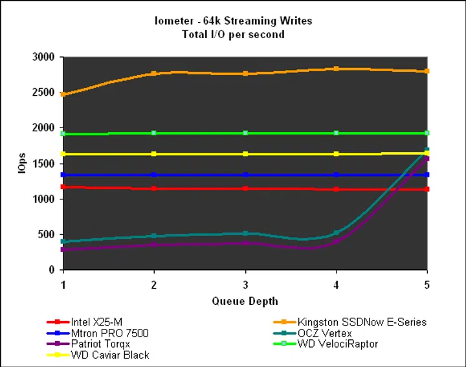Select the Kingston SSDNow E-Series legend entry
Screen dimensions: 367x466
click(362, 322)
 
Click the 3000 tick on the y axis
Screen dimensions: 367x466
click(43, 57)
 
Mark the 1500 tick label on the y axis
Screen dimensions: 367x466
click(43, 164)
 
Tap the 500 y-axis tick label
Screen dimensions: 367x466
click(46, 235)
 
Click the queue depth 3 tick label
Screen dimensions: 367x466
click(245, 284)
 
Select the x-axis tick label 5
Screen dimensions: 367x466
click(427, 284)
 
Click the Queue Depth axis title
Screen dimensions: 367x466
click(245, 301)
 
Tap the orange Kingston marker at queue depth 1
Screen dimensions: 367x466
click(63, 95)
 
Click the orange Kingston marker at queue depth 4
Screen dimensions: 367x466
click(337, 68)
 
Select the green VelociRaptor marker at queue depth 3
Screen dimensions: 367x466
click(245, 133)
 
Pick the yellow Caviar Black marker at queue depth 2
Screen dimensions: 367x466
click(154, 154)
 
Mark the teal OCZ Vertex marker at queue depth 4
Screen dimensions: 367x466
click(337, 233)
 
